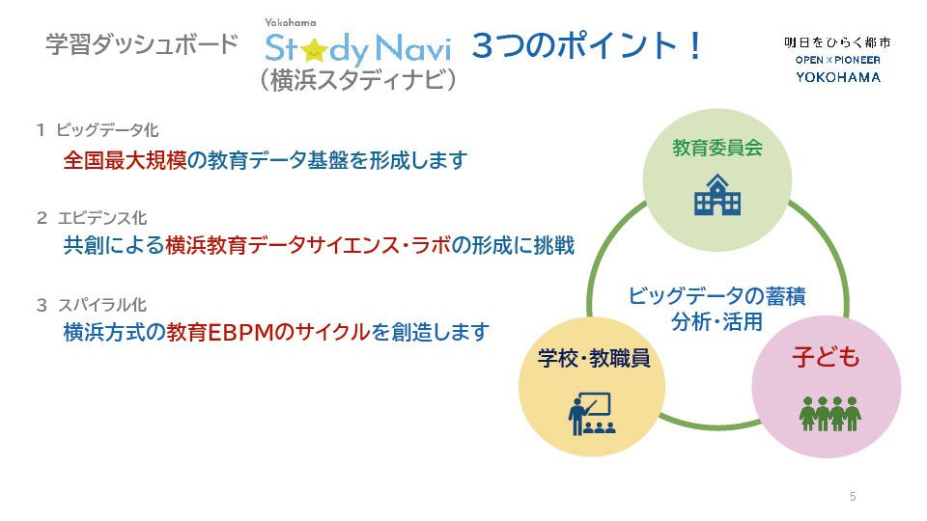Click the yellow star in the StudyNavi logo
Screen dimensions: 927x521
pyautogui.click(x=315, y=50)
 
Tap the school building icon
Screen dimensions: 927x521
pyautogui.click(x=717, y=195)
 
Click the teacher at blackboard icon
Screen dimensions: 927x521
pyautogui.click(x=591, y=414)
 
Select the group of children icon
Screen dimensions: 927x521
pyautogui.click(x=830, y=414)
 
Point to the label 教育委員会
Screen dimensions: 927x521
pyautogui.click(x=717, y=148)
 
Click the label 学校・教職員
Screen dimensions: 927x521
pyautogui.click(x=594, y=358)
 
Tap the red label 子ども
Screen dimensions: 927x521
pyautogui.click(x=826, y=357)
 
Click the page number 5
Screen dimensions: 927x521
pyautogui.click(x=853, y=497)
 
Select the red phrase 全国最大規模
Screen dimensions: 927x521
pyautogui.click(x=125, y=160)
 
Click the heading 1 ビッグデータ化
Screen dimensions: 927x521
pyautogui.click(x=98, y=130)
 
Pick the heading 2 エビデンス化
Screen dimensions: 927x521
pyautogui.click(x=92, y=218)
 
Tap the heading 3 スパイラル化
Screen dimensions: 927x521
pyautogui.click(x=92, y=305)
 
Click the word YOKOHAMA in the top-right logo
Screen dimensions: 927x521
pyautogui.click(x=838, y=77)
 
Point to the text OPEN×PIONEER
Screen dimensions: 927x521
pyautogui.click(x=838, y=60)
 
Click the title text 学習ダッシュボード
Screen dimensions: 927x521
pyautogui.click(x=142, y=44)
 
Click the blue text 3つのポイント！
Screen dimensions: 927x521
pyautogui.click(x=587, y=45)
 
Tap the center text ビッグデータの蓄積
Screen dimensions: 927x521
pyautogui.click(x=716, y=295)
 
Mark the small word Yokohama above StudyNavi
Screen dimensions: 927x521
pyautogui.click(x=291, y=22)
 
